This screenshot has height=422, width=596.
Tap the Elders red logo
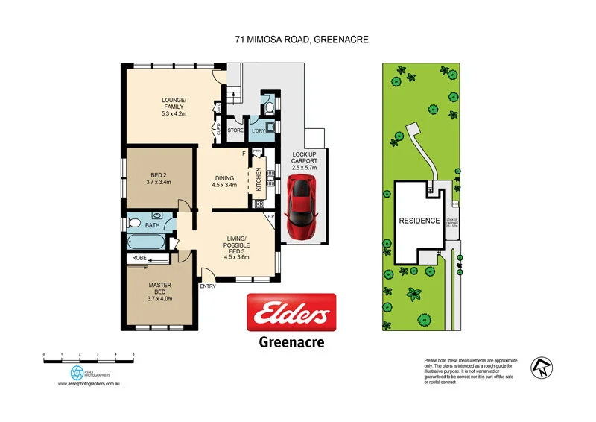291,313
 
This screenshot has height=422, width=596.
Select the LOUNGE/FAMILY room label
174,108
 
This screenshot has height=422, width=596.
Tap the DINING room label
224,181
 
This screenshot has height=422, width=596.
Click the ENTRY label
208,286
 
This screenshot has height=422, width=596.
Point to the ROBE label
139,258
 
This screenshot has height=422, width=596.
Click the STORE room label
235,131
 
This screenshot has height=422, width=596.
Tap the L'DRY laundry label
259,131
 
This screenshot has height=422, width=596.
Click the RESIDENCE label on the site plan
419,221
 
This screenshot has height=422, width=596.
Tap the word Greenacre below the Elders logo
291,343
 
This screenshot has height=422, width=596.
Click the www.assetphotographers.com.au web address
89,384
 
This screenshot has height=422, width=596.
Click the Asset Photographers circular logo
77,372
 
